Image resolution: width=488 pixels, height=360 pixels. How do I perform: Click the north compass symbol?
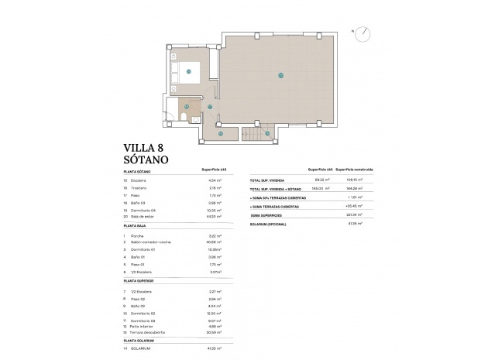pyautogui.click(x=362, y=33)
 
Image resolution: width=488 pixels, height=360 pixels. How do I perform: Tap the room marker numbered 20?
pyautogui.click(x=280, y=75)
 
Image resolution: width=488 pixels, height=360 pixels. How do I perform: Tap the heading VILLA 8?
pyautogui.click(x=144, y=146)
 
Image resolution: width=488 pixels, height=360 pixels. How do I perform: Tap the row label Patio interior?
pyautogui.click(x=148, y=325)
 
